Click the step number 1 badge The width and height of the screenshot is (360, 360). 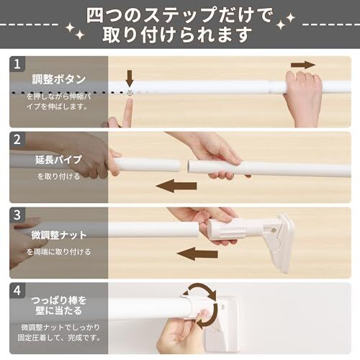[x=17, y=64]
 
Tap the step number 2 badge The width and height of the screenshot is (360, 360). [x=17, y=139]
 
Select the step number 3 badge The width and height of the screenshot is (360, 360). [x=17, y=215]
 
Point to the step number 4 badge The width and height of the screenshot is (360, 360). [x=17, y=290]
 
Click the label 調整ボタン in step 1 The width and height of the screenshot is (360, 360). [x=59, y=79]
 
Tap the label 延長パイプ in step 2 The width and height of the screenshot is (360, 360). [x=59, y=160]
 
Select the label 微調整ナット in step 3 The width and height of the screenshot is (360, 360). [x=59, y=235]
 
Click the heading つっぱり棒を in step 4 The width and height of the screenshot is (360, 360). [x=59, y=300]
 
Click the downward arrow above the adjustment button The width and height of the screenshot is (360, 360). [x=130, y=78]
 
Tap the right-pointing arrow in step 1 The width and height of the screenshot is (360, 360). [x=303, y=65]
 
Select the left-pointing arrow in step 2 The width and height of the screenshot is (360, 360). [x=176, y=186]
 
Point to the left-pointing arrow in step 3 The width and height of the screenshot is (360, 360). [x=197, y=254]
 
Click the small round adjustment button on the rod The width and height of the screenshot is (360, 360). [x=130, y=92]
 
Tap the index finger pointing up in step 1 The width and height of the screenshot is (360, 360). [x=128, y=112]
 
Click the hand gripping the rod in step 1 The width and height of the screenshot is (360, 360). [x=303, y=96]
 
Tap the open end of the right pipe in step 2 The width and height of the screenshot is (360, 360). [x=189, y=166]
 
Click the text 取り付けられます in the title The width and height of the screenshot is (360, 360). [x=177, y=35]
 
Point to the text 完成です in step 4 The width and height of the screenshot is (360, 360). [x=84, y=338]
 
